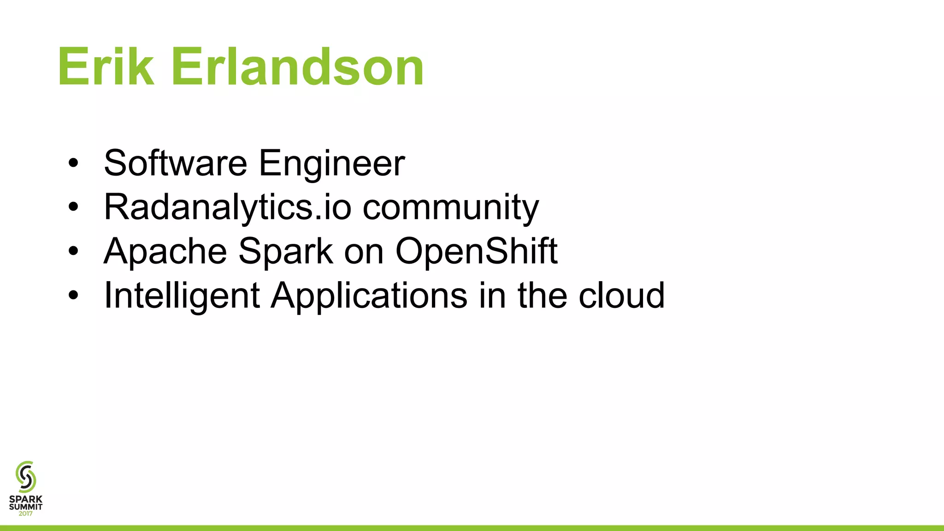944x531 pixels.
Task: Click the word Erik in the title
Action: (106, 67)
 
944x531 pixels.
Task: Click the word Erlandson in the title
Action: (297, 67)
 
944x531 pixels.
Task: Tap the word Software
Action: (176, 163)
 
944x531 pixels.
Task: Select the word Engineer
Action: (331, 164)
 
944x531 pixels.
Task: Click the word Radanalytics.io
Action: (228, 207)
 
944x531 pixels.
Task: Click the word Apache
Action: (165, 252)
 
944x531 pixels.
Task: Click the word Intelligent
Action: (182, 296)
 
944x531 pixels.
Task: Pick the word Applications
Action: (369, 296)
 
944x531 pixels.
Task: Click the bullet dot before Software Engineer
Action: (73, 164)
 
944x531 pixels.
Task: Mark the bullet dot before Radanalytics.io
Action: (73, 207)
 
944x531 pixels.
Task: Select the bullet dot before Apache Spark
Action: (73, 252)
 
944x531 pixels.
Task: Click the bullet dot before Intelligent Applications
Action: (73, 295)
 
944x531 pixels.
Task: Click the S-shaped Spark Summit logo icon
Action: (26, 477)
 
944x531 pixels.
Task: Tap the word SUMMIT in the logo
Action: (26, 507)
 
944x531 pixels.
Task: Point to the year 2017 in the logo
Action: (26, 513)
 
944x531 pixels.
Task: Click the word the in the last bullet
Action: (542, 295)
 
